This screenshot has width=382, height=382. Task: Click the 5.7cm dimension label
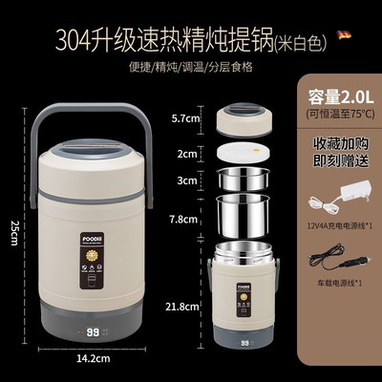(184, 121)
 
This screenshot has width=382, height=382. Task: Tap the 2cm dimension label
(190, 152)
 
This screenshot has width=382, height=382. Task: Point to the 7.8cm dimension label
(185, 219)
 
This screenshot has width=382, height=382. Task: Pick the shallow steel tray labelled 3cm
(248, 179)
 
